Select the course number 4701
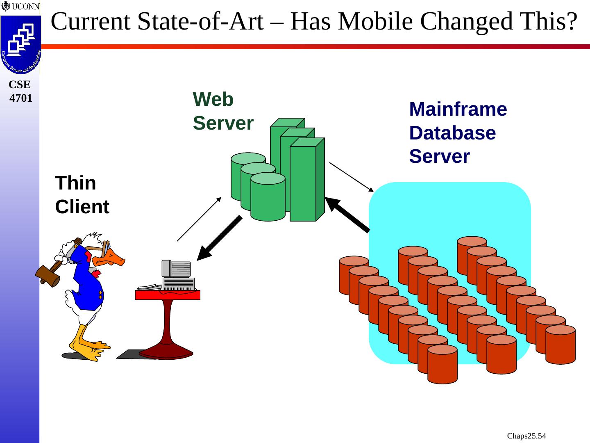[x=20, y=98]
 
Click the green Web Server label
[x=223, y=111]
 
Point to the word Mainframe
[x=458, y=110]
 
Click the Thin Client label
[x=82, y=195]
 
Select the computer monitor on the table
[x=176, y=268]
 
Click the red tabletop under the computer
[x=168, y=295]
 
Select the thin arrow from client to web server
[x=199, y=219]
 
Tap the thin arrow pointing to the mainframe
[x=352, y=177]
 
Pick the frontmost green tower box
[x=303, y=183]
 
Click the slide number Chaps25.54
[x=526, y=436]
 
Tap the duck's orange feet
[x=88, y=347]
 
